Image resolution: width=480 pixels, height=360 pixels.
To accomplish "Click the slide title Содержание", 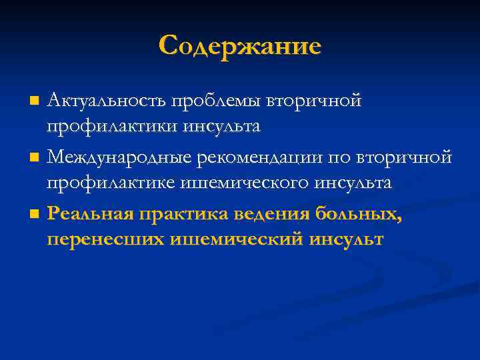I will tap(240, 46).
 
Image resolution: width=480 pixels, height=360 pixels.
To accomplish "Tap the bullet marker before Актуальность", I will tap(35, 101).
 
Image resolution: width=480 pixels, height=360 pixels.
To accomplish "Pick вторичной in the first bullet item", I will tap(314, 101).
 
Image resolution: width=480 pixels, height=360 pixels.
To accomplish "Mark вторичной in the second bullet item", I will tap(405, 157).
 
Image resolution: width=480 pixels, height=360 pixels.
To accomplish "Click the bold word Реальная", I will tap(90, 214).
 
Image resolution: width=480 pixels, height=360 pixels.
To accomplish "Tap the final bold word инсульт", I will tap(347, 238).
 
